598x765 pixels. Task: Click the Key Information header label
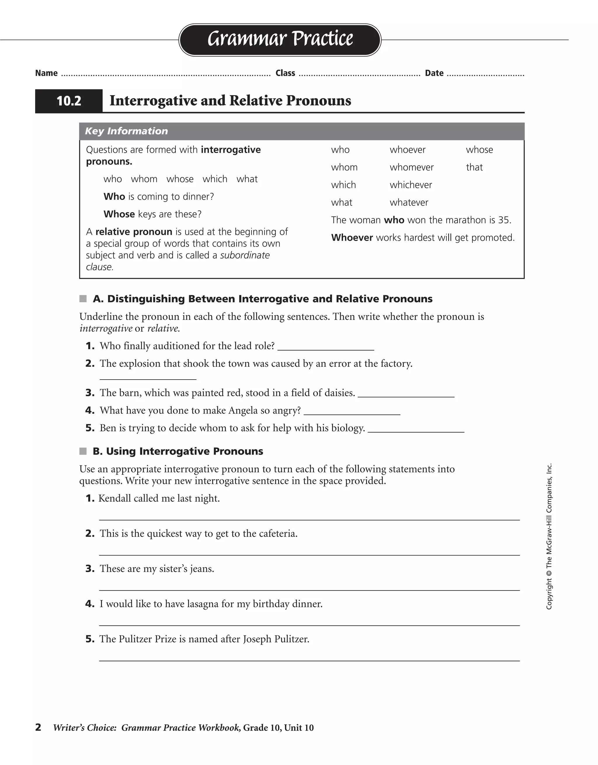coord(126,131)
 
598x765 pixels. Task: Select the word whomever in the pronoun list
coord(412,167)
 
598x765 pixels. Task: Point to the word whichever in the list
coord(411,185)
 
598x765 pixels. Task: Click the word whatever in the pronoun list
coord(409,202)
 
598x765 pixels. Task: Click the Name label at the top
coord(46,73)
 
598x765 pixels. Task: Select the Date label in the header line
coord(434,73)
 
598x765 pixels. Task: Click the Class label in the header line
coord(285,73)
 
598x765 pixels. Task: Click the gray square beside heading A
coord(83,299)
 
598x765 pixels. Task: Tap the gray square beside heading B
coord(83,451)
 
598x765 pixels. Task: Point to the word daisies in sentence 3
coord(340,393)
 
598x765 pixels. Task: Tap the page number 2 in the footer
coord(38,728)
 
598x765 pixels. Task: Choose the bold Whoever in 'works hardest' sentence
coord(352,238)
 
